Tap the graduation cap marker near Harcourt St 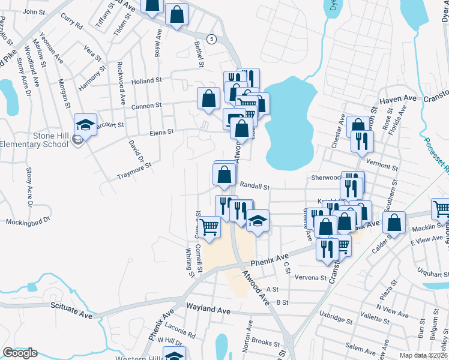pyautogui.click(x=85, y=125)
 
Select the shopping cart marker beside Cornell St pyautogui.click(x=208, y=227)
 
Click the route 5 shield pyautogui.click(x=211, y=39)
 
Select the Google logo pyautogui.click(x=20, y=353)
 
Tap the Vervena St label pyautogui.click(x=310, y=278)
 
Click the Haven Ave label pyautogui.click(x=398, y=98)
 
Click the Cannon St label pyautogui.click(x=146, y=105)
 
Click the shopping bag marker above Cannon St pyautogui.click(x=208, y=98)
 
